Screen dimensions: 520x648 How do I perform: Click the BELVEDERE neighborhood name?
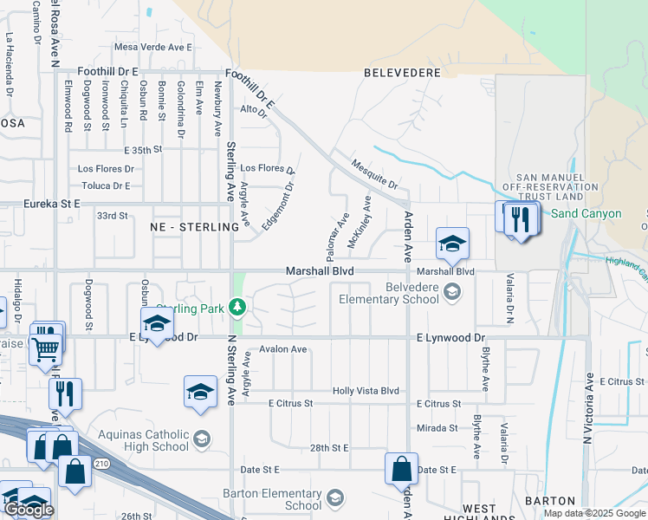pos(402,73)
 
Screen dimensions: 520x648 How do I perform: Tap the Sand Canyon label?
pos(586,213)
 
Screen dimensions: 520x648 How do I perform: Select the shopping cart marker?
pos(45,349)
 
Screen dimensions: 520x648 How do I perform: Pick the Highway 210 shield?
pos(101,465)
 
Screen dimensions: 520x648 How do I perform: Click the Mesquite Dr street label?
pos(374,173)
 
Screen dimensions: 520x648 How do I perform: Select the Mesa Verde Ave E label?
pos(152,47)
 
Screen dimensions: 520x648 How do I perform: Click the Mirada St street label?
pos(437,428)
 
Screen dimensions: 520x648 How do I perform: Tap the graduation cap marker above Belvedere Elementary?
pos(452,244)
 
